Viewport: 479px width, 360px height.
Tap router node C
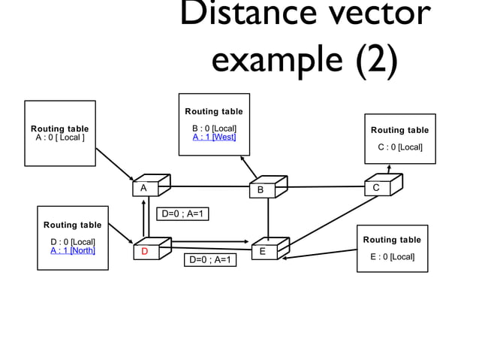click(x=381, y=186)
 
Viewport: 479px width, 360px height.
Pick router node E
click(x=267, y=250)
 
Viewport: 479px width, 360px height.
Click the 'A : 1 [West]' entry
click(x=214, y=137)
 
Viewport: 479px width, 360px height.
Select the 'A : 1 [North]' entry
click(x=72, y=250)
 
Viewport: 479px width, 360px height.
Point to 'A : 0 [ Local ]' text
click(x=59, y=138)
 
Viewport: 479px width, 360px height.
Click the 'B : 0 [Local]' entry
click(x=214, y=128)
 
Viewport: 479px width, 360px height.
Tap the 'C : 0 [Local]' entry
click(x=399, y=147)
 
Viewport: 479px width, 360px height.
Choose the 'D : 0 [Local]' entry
click(x=72, y=241)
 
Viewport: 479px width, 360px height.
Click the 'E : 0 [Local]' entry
click(x=392, y=257)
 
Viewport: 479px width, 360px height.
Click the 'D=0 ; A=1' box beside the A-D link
click(x=182, y=214)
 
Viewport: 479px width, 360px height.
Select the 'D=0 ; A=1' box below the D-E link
click(x=210, y=260)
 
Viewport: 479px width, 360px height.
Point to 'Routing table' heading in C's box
click(x=399, y=130)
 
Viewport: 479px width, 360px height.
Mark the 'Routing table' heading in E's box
click(x=392, y=240)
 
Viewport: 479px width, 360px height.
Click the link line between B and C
click(x=326, y=186)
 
